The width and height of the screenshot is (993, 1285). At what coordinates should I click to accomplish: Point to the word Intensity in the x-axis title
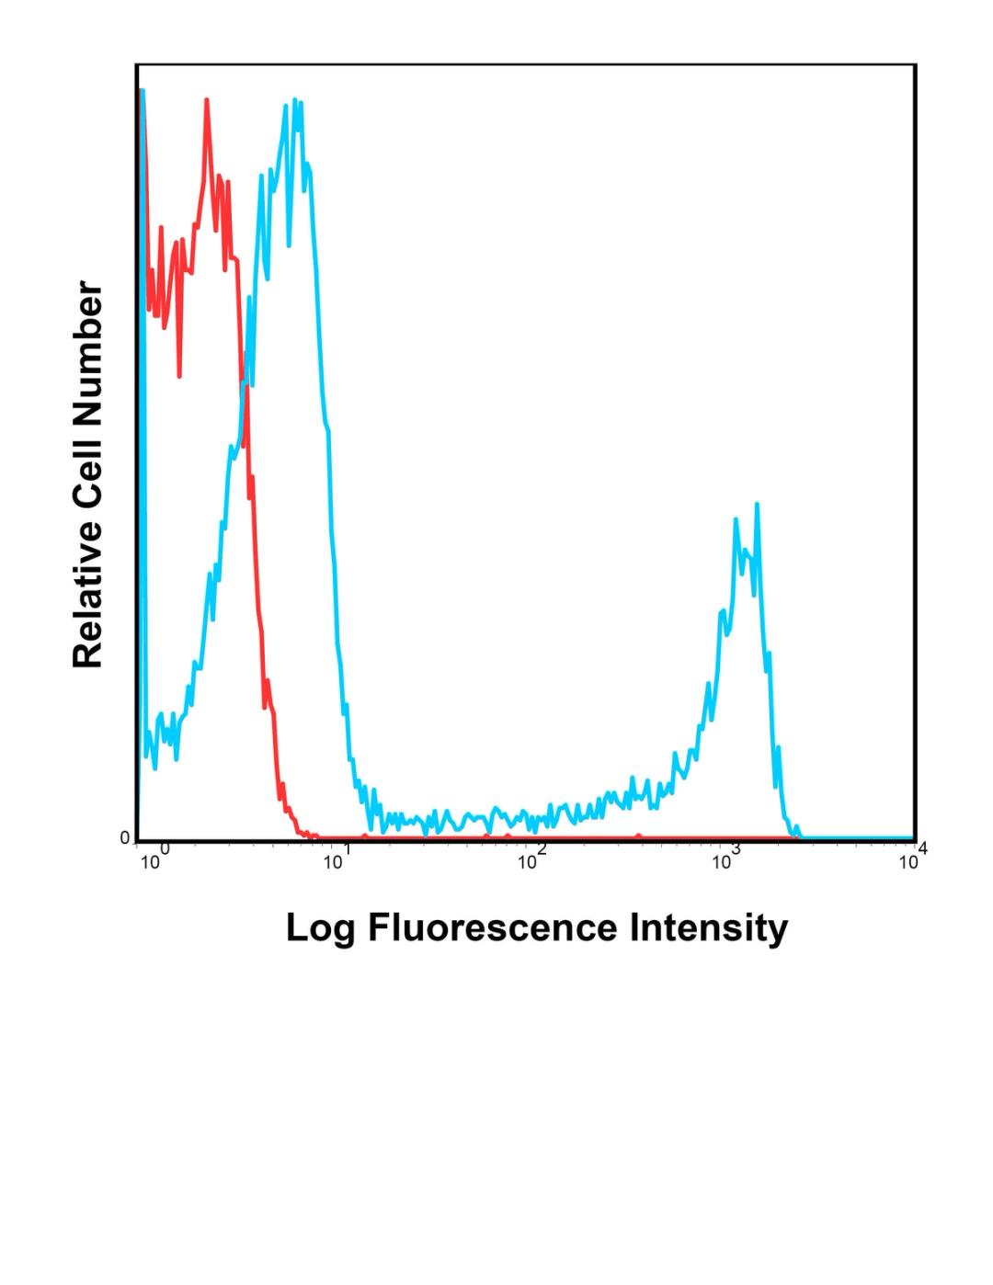[x=709, y=928]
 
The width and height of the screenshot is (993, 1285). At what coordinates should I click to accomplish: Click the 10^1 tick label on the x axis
[x=337, y=860]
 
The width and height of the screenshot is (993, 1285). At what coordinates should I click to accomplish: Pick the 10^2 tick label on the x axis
[x=531, y=860]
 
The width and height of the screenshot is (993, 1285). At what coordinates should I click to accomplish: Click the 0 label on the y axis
[x=125, y=838]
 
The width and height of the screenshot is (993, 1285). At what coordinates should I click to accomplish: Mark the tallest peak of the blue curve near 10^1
[x=294, y=99]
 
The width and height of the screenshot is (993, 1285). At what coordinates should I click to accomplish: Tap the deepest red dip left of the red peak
[x=179, y=376]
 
